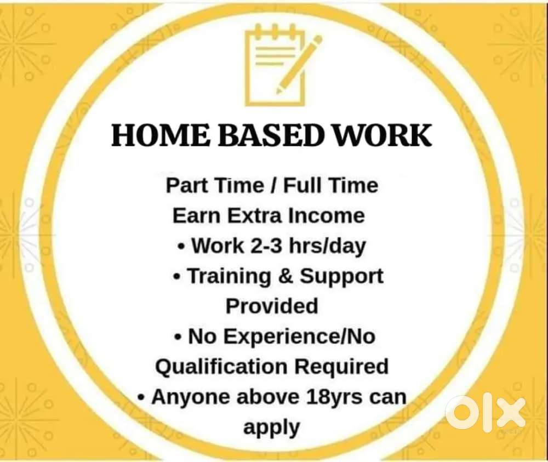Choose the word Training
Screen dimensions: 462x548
tap(230, 276)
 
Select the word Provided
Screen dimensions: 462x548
tap(272, 306)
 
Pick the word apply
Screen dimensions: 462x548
tap(272, 427)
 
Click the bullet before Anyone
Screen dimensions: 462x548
tap(141, 397)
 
